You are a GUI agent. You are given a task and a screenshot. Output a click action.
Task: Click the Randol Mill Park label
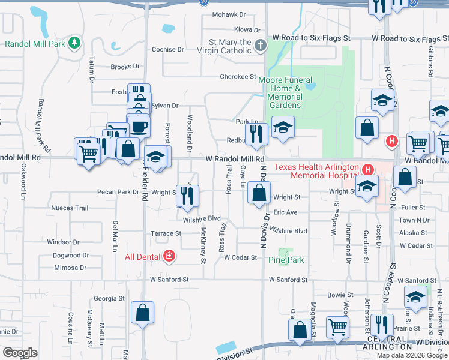point(35,44)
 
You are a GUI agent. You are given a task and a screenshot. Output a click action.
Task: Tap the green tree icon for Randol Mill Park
point(74,43)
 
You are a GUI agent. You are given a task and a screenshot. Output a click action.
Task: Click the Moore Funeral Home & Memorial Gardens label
point(285,92)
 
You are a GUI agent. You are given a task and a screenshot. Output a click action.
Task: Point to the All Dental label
point(142,257)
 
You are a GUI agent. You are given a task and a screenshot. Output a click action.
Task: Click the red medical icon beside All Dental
point(169,257)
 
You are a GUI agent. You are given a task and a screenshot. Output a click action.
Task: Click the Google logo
point(20,353)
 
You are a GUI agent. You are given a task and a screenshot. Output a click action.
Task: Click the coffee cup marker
point(139,127)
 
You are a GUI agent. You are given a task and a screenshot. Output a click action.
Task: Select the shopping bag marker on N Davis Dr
point(259,193)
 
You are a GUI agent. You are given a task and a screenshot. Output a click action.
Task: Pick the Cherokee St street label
point(238,77)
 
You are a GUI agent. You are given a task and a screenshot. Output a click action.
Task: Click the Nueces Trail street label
point(70,208)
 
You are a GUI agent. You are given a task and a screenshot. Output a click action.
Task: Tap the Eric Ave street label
point(285,212)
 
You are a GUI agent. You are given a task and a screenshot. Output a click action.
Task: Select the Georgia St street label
point(109,298)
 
